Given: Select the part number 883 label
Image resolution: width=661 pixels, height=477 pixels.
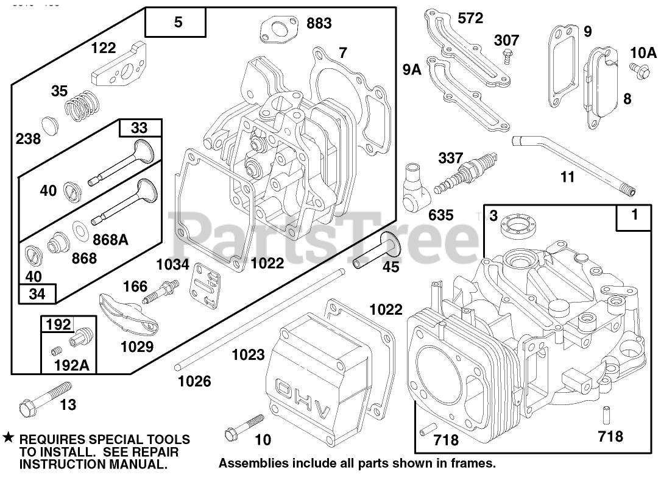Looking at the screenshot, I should pyautogui.click(x=319, y=23).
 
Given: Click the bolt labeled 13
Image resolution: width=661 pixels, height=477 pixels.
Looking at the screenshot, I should pyautogui.click(x=46, y=396).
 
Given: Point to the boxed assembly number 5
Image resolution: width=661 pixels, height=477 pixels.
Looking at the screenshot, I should pyautogui.click(x=177, y=23).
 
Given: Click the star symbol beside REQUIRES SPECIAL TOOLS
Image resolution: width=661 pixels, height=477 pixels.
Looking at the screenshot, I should pyautogui.click(x=8, y=439).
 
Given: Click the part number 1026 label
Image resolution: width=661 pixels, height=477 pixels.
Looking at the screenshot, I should pyautogui.click(x=194, y=381).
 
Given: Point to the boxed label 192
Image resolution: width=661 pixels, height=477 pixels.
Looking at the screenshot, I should pyautogui.click(x=60, y=325).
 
